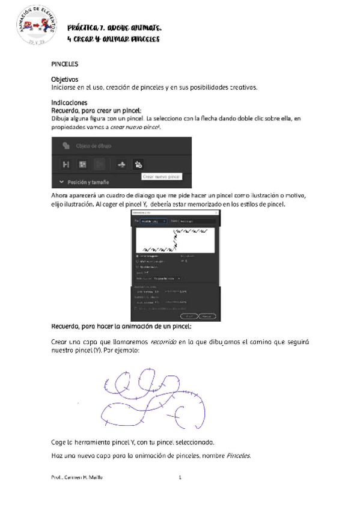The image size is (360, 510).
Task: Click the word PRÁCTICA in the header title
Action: point(85,28)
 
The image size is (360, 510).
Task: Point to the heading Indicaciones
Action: point(70,103)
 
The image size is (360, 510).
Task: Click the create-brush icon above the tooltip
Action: point(139,164)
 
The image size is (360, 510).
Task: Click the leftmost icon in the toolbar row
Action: point(66,164)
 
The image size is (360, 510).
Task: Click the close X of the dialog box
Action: point(216,213)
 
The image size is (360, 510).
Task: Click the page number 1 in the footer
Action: point(180,478)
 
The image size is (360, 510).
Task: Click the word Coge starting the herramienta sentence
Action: point(61,441)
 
